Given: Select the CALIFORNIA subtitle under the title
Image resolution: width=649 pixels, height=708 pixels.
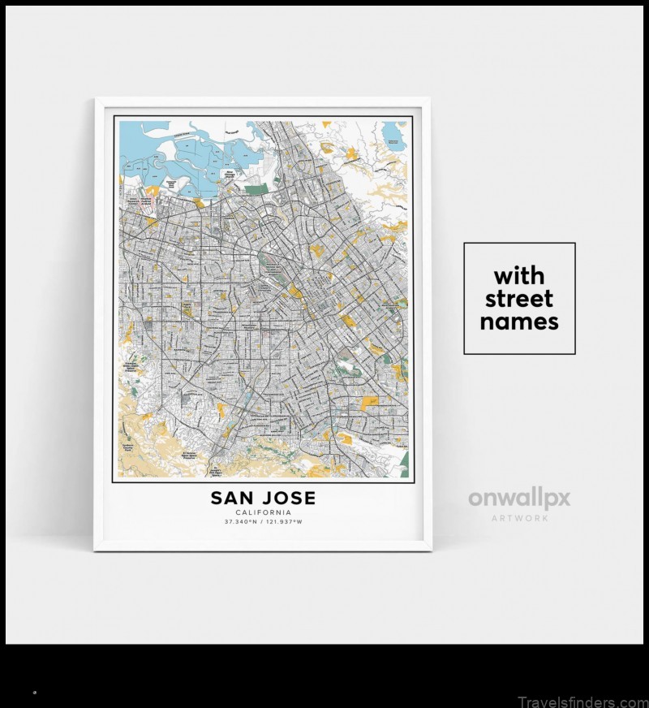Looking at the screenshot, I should click(263, 512).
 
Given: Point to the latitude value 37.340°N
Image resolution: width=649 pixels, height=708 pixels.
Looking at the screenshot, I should click(243, 521).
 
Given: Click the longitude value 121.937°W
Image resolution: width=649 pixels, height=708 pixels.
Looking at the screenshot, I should click(283, 521).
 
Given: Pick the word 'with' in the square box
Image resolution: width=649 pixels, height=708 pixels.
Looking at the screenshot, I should click(519, 274).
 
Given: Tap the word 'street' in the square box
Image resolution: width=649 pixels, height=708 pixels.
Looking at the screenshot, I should click(519, 298).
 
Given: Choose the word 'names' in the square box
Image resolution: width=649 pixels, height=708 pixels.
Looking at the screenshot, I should click(519, 322).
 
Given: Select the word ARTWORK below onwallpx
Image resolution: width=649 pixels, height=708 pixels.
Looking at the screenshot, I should click(519, 517).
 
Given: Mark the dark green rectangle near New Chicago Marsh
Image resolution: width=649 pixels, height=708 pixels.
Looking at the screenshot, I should click(255, 190).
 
